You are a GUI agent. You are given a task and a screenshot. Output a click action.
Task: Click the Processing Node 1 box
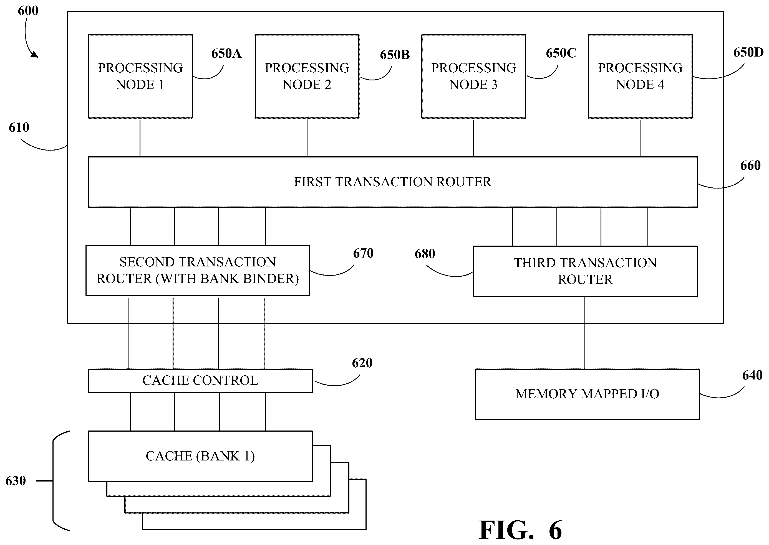[140, 76]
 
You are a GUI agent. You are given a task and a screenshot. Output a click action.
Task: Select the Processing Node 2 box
[307, 76]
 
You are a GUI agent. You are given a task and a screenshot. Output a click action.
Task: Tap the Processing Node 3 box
[474, 76]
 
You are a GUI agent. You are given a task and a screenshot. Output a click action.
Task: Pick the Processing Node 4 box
[640, 76]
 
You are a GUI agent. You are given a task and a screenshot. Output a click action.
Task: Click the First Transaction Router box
[393, 182]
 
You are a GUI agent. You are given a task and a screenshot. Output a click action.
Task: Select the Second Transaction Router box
[198, 271]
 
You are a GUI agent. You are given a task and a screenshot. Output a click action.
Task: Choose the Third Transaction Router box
[585, 271]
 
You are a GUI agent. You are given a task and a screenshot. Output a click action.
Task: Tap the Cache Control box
[200, 381]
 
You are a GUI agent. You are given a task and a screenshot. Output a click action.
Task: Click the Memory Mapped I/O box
[587, 394]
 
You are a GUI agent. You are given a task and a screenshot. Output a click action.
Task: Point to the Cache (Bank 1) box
[200, 456]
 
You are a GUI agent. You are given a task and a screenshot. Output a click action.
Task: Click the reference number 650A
[226, 53]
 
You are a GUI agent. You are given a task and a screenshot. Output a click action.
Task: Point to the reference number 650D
[748, 52]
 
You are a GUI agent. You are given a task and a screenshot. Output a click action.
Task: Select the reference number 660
[750, 165]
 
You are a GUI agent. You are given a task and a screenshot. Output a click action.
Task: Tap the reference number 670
[363, 253]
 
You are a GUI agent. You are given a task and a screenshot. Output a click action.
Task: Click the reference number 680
[425, 254]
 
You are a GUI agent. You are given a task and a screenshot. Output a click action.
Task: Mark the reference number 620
[362, 363]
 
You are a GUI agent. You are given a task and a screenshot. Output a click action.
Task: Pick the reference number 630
[16, 481]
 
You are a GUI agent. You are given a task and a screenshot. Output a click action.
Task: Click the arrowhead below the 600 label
[34, 54]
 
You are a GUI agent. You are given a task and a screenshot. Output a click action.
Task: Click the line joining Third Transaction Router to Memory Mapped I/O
[585, 333]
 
